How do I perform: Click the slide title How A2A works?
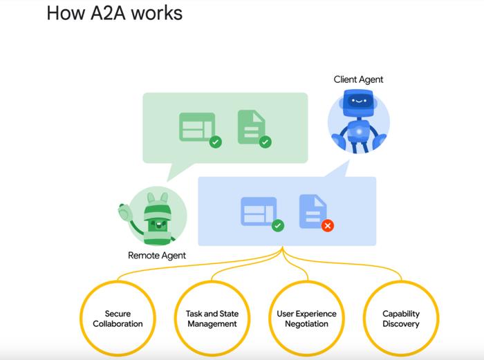click(x=115, y=13)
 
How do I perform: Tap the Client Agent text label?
click(x=358, y=79)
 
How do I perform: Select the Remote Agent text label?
click(x=157, y=256)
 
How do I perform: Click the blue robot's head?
click(x=358, y=102)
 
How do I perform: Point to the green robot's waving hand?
click(x=125, y=212)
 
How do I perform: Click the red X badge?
click(x=328, y=225)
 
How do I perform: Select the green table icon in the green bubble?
click(x=197, y=126)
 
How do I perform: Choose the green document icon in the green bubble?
click(x=251, y=126)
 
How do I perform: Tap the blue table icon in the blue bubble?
click(x=259, y=211)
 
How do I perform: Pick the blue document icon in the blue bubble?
click(x=313, y=211)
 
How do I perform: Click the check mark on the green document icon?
click(x=265, y=142)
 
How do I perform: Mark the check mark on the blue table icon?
click(x=278, y=225)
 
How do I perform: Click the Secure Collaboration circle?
click(x=118, y=319)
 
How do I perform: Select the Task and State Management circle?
click(x=212, y=319)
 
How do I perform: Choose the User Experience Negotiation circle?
click(x=306, y=319)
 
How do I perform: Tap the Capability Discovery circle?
click(x=401, y=319)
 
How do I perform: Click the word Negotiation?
click(x=306, y=324)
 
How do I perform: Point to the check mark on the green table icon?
click(x=216, y=142)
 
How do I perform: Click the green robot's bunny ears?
click(x=158, y=198)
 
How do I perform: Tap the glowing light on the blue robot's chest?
click(x=359, y=132)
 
